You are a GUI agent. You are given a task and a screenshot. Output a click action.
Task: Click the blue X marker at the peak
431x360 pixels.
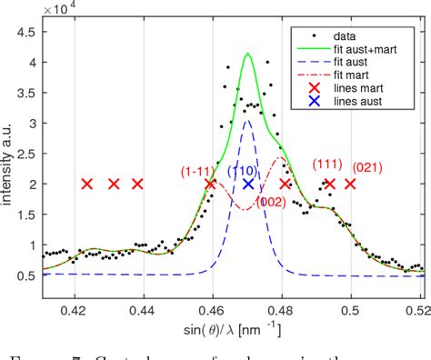point(247,184)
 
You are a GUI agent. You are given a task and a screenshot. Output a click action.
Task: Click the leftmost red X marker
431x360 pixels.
point(86,184)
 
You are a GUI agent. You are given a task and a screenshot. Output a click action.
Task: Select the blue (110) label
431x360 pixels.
point(241,170)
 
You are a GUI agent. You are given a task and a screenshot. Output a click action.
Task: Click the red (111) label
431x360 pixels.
point(326,165)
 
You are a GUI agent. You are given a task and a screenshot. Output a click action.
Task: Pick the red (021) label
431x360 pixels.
point(367,167)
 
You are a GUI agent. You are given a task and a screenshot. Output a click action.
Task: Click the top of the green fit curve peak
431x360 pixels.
point(247,54)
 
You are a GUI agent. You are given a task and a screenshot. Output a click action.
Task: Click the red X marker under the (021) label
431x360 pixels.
point(350,184)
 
